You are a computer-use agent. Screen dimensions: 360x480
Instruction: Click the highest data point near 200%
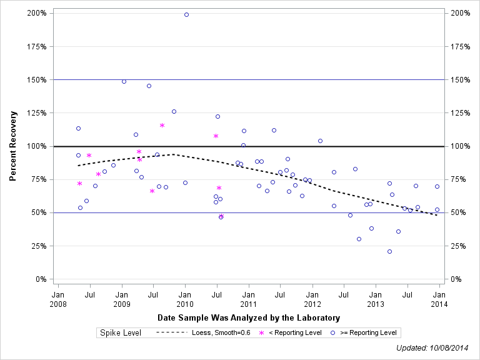tap(186, 14)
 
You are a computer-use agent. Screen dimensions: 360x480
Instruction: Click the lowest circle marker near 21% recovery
tap(389, 251)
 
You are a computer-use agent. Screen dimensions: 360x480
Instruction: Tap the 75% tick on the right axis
tap(459, 179)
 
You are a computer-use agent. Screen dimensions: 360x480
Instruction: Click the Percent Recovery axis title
tap(13, 146)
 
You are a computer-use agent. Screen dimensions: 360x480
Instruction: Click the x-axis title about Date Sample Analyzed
tap(249, 317)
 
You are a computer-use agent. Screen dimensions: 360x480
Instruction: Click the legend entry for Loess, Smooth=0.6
tap(203, 332)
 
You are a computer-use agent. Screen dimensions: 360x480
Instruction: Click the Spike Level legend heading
tap(121, 332)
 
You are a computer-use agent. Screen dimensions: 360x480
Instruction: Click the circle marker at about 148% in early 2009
tap(124, 81)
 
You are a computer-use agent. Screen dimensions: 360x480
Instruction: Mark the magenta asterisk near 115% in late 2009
tap(162, 126)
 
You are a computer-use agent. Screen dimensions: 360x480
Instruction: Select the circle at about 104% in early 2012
tap(320, 141)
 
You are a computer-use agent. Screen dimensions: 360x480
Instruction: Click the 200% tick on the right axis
tap(459, 13)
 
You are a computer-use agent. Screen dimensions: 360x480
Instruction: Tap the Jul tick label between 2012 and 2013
tap(343, 294)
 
